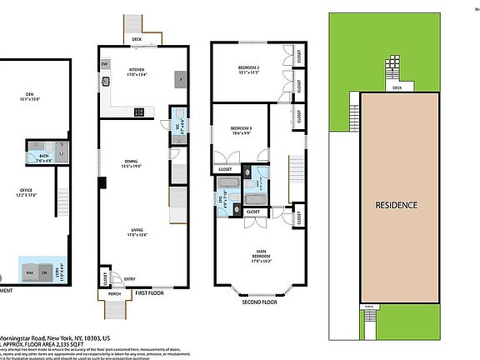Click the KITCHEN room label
tap(137, 71)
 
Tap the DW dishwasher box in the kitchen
tap(105, 64)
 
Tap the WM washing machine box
tap(31, 272)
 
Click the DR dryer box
tap(47, 272)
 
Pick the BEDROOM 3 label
tap(242, 129)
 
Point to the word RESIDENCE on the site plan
tap(396, 204)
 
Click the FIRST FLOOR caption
tap(150, 293)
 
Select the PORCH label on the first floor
tap(114, 293)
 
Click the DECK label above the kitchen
tap(136, 38)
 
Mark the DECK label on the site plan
tap(397, 87)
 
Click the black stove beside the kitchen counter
tap(138, 112)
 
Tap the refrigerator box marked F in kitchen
tap(177, 79)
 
